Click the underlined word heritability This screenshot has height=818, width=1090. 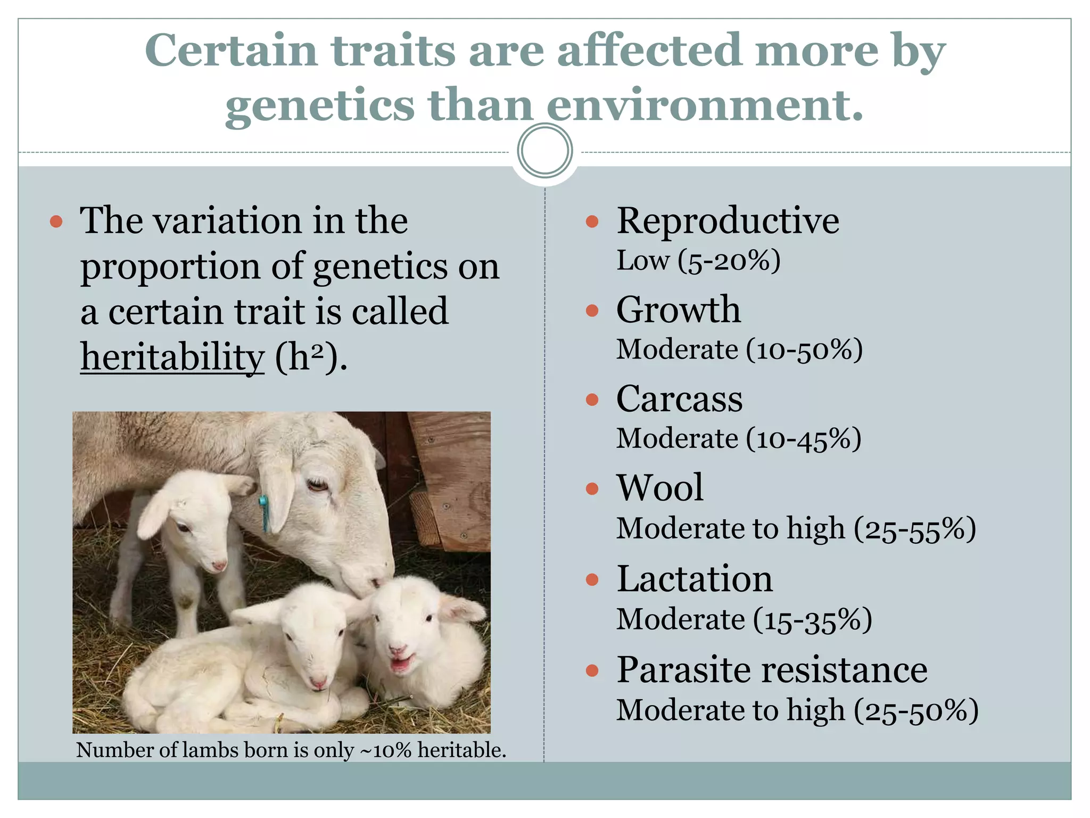[x=172, y=357]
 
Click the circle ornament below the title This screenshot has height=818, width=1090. [x=544, y=151]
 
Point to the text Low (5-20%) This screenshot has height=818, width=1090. [x=698, y=261]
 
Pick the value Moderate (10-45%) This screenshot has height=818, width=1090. [x=738, y=439]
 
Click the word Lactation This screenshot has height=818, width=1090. [x=694, y=579]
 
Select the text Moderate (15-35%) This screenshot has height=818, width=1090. [x=744, y=620]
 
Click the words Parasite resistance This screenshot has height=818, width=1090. [x=772, y=669]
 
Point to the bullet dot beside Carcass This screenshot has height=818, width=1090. [x=592, y=399]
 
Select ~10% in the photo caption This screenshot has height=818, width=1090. [x=385, y=750]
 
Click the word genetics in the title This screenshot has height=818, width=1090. [x=319, y=105]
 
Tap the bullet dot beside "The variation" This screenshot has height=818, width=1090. [x=56, y=222]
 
